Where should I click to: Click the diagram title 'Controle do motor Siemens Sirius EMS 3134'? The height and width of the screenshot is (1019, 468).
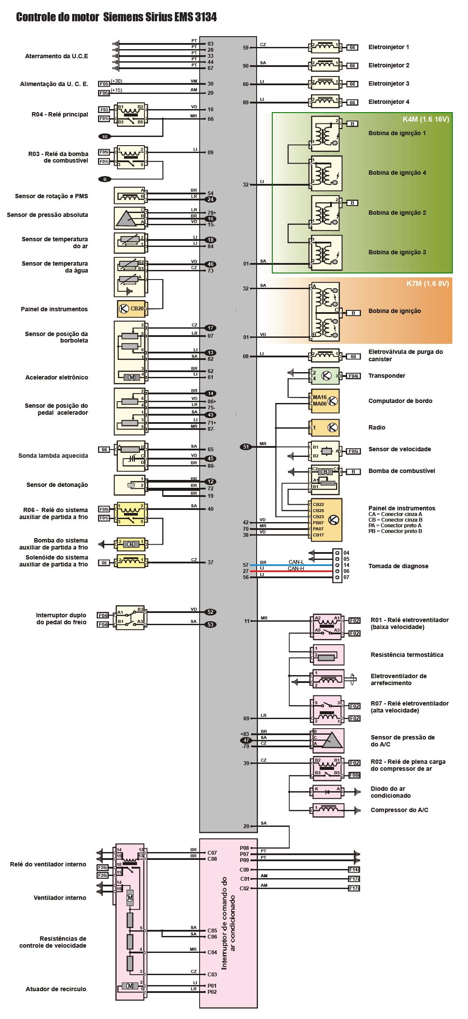click(x=116, y=17)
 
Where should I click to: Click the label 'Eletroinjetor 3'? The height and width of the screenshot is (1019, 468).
click(x=389, y=83)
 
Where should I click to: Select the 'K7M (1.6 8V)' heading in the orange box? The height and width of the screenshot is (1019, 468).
click(x=428, y=283)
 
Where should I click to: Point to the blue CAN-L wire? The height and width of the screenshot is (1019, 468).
click(x=296, y=565)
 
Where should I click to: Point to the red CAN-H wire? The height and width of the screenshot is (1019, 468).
click(x=296, y=571)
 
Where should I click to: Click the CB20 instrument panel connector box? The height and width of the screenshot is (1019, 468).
click(x=133, y=309)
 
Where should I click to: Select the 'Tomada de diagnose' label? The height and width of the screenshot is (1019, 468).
click(x=398, y=566)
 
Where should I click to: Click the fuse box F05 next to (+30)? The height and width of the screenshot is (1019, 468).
click(x=104, y=83)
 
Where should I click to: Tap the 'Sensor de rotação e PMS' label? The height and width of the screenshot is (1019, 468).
click(x=51, y=196)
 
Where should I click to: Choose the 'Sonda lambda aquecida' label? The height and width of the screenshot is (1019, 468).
click(x=53, y=456)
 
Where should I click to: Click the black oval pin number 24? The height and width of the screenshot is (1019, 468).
click(x=211, y=200)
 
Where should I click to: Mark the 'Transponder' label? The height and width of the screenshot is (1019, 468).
click(x=387, y=376)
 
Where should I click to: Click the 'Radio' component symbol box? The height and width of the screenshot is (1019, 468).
click(x=324, y=427)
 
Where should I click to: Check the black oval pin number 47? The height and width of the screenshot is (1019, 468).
click(x=247, y=740)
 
